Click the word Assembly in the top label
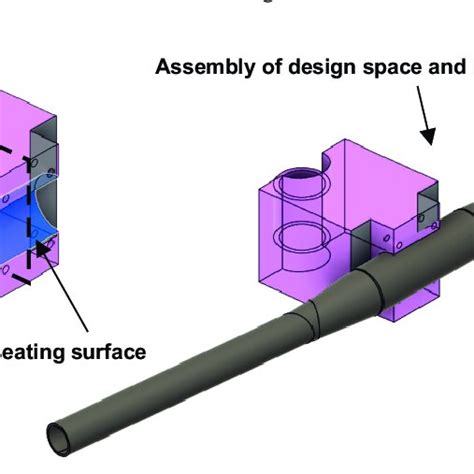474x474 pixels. point(196,69)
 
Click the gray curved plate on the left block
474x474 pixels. point(39,155)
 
